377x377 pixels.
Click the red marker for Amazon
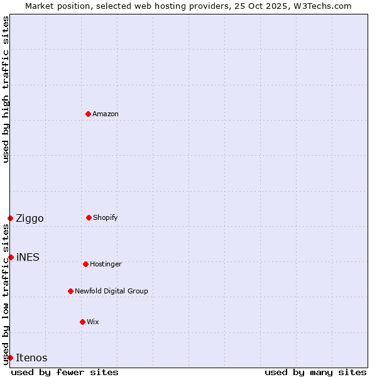pos(88,114)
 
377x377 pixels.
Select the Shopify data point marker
pos(89,217)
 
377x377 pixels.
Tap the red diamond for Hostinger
pos(85,264)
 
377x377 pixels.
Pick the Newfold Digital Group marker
pos(70,291)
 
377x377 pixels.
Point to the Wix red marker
pos(82,322)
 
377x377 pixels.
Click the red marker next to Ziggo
pos(10,218)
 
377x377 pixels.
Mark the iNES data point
pos(11,257)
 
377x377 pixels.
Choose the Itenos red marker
pos(10,358)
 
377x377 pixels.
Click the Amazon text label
pos(106,114)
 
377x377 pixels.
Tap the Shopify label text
pos(106,217)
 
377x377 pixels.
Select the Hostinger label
pos(106,264)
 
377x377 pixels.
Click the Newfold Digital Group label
pos(111,291)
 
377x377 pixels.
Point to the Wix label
pos(93,322)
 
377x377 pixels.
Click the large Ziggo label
pos(30,218)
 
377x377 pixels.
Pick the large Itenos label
pos(31,358)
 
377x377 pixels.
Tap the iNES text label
pos(28,257)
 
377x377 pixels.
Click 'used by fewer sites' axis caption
pos(65,372)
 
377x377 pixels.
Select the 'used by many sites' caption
pos(315,372)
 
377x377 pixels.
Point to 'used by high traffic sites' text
pos(6,89)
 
